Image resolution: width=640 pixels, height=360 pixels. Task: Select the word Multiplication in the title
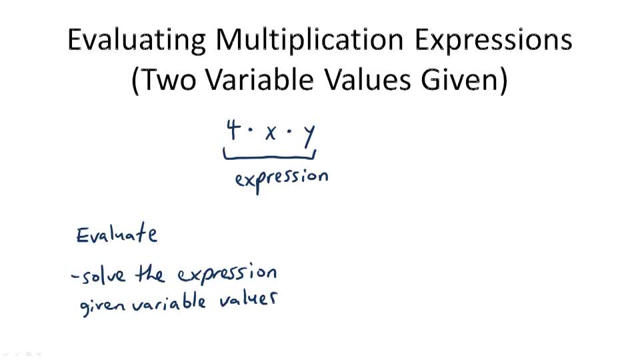click(309, 41)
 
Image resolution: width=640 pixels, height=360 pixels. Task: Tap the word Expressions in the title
click(493, 41)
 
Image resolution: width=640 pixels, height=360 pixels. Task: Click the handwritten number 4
click(233, 129)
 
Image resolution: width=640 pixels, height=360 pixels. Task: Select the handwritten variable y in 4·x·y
click(308, 135)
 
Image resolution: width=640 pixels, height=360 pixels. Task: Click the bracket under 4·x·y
click(269, 157)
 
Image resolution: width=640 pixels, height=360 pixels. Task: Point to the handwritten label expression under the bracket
click(281, 179)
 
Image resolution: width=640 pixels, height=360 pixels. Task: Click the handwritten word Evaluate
click(117, 235)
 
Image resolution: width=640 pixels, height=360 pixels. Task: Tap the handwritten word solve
click(105, 275)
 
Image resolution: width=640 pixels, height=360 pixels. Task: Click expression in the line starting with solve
click(227, 275)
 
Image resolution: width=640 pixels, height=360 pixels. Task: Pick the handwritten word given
click(103, 307)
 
